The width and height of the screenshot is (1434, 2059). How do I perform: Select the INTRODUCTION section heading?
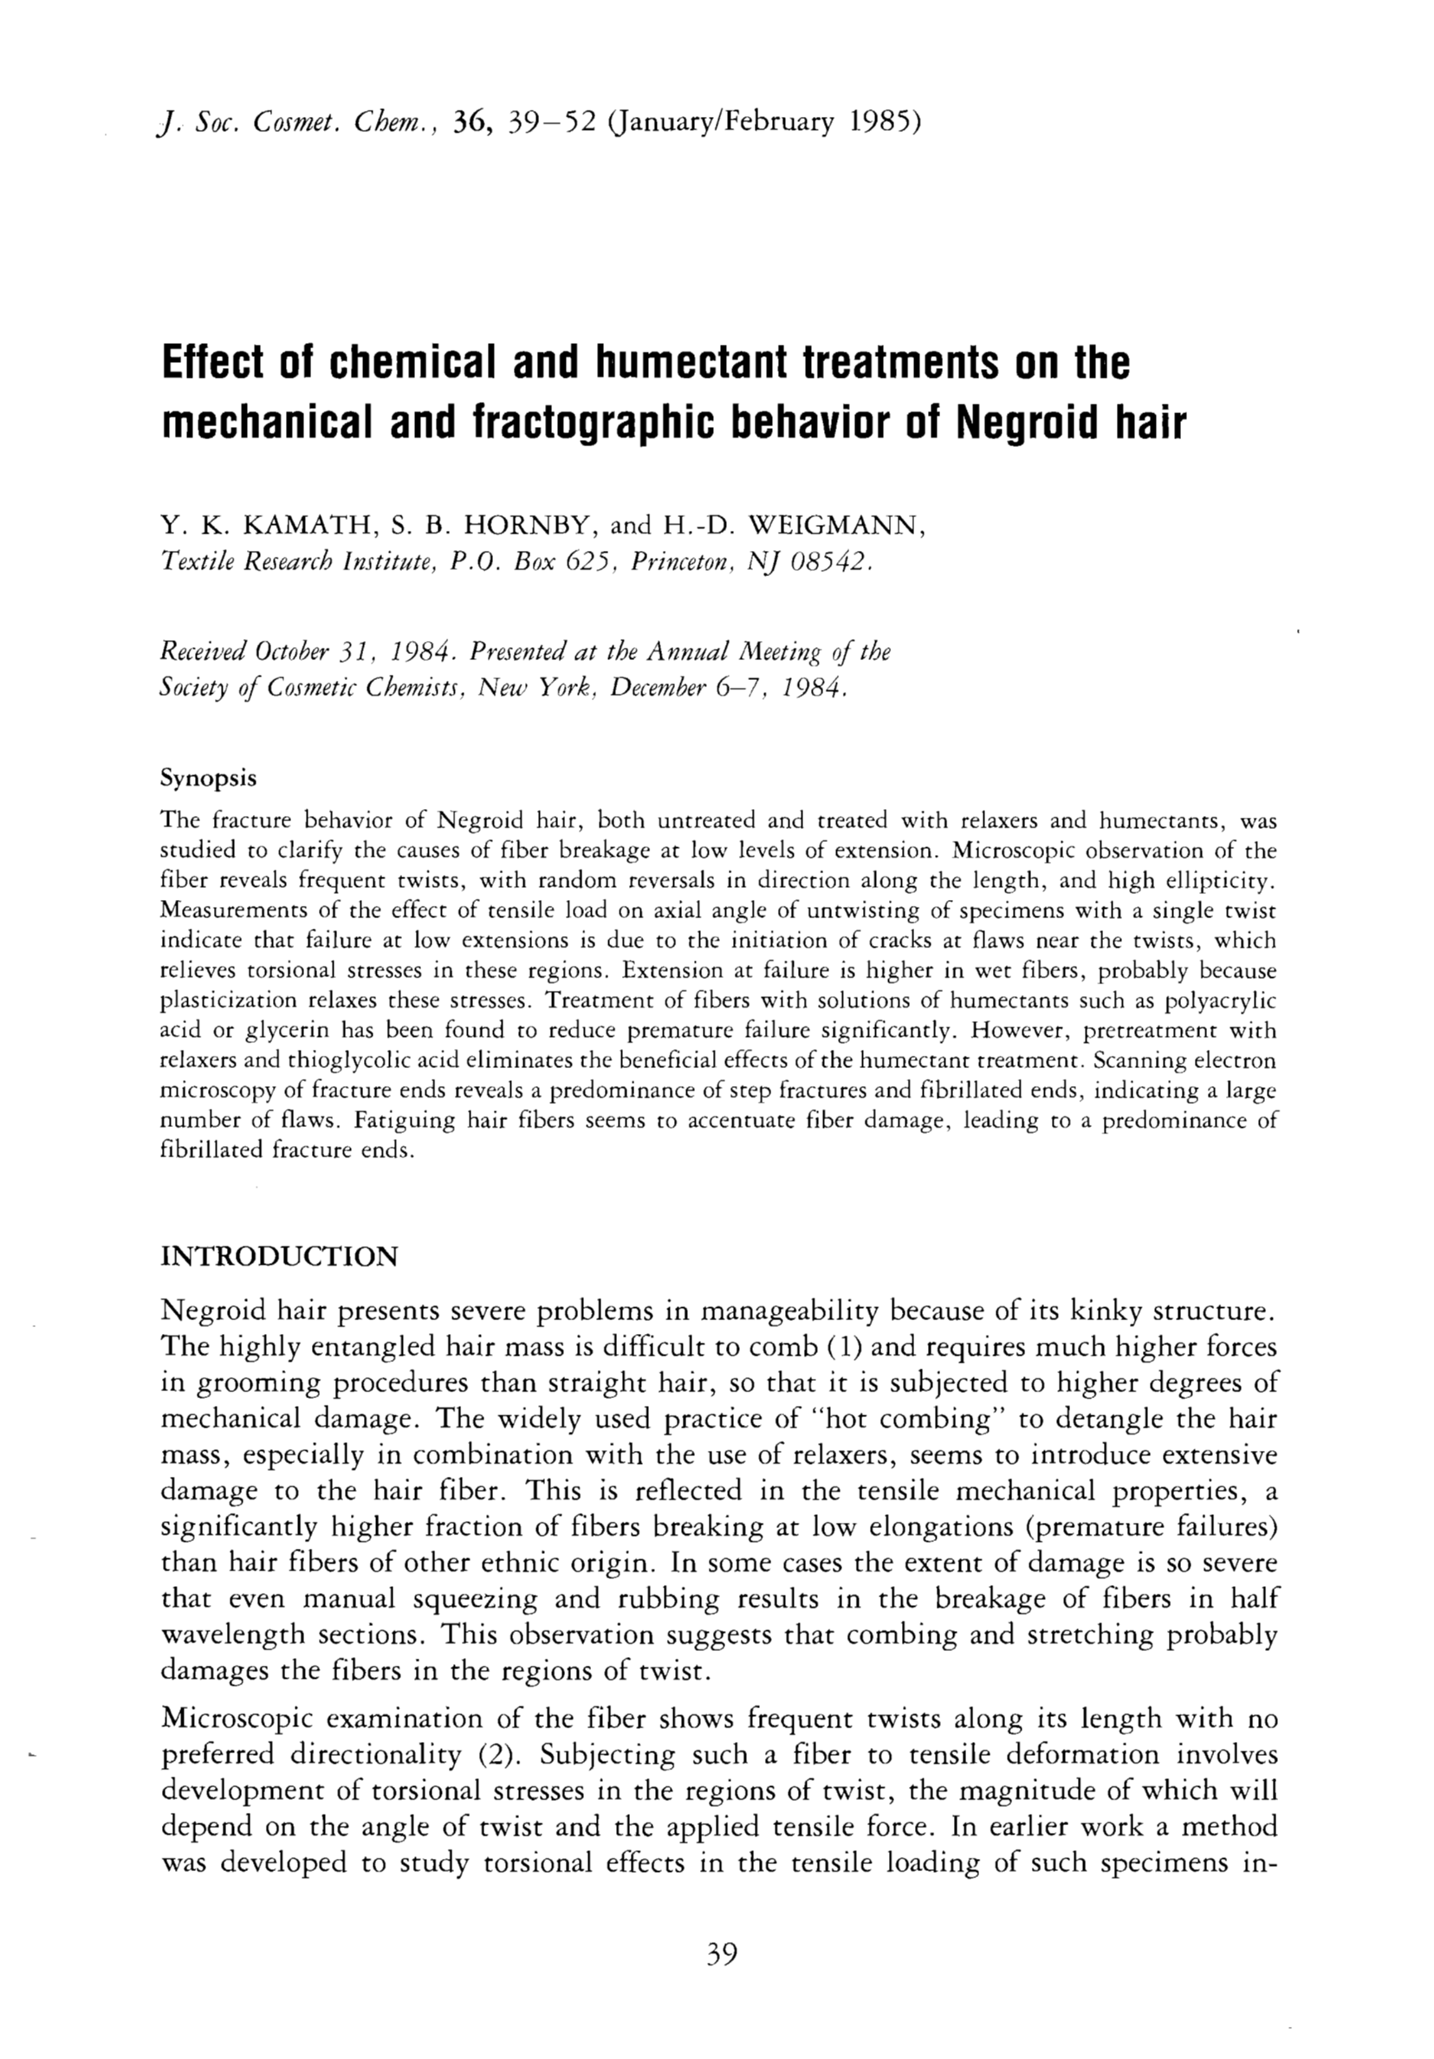(x=278, y=1255)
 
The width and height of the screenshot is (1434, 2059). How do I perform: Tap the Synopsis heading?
(x=208, y=778)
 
